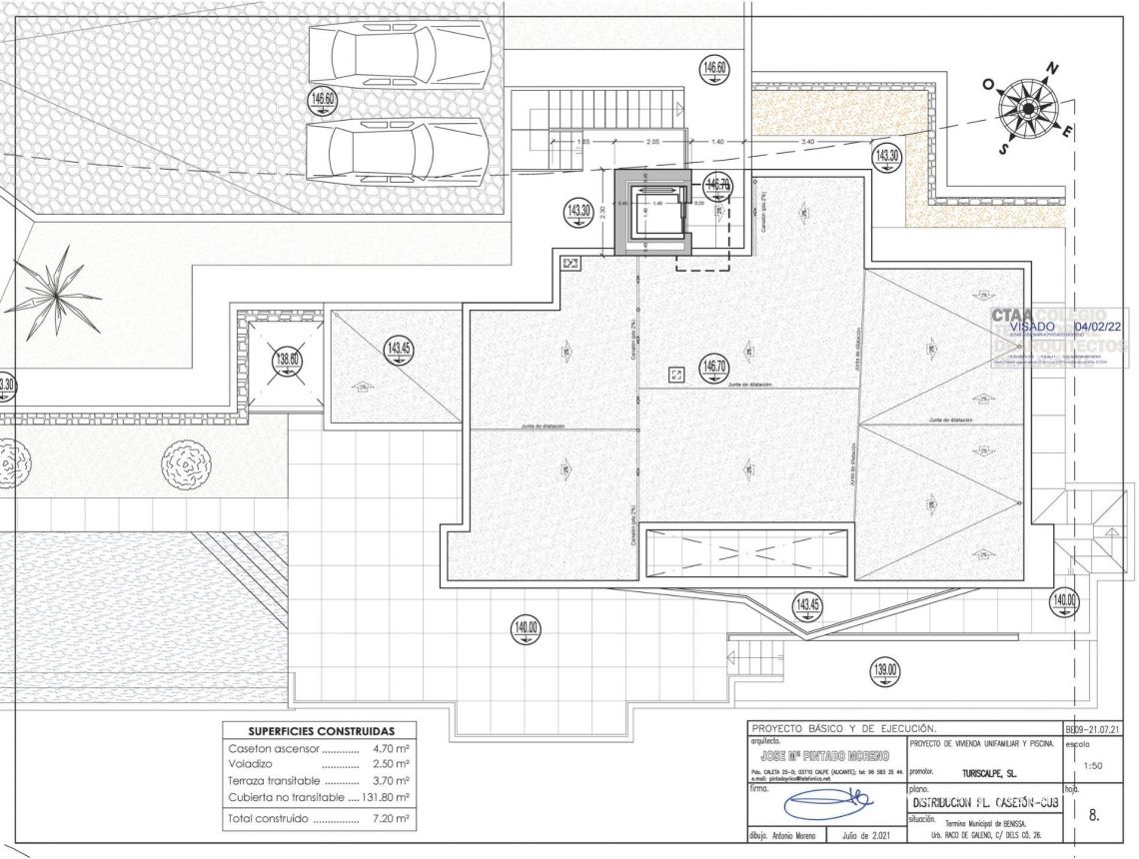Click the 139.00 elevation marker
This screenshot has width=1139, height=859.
885,671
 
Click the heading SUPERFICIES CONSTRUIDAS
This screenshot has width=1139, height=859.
322,731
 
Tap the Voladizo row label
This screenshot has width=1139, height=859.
250,763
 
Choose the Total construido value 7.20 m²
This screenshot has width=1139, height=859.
392,819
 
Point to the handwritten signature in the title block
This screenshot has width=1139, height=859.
826,805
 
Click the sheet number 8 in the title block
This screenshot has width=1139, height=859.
1093,815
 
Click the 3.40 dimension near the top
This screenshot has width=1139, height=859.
807,143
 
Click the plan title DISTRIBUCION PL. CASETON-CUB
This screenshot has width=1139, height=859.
983,802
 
